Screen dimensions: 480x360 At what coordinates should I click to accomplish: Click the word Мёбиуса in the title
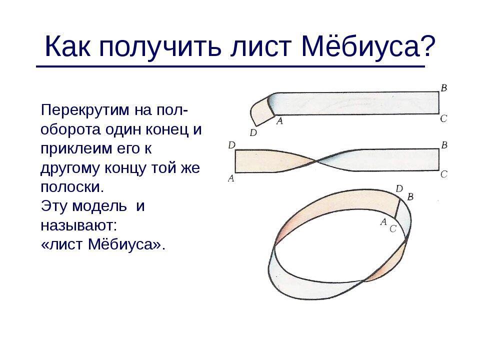point(360,46)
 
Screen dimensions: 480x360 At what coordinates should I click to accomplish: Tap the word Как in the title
point(67,46)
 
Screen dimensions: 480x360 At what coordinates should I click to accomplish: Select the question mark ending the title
point(427,46)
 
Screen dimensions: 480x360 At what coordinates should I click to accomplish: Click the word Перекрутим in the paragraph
point(85,110)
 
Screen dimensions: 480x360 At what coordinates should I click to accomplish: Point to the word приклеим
point(76,149)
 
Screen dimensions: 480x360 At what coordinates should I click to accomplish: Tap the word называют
point(77,226)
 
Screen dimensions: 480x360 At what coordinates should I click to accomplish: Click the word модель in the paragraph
point(100,206)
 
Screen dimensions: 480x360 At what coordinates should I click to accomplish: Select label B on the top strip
point(444,88)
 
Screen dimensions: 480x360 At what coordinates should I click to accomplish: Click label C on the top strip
point(444,118)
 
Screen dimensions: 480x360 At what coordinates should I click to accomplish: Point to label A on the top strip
point(279,121)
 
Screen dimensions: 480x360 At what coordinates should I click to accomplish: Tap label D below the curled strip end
point(253,133)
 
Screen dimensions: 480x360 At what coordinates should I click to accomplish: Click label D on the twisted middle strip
point(231,145)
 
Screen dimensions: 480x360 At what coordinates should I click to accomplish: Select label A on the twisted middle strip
point(231,178)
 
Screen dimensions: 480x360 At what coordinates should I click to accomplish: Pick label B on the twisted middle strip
point(444,145)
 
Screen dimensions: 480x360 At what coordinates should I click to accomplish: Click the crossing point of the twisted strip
point(316,160)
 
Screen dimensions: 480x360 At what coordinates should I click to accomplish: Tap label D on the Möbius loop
point(399,188)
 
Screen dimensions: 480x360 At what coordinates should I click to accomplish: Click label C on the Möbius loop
point(393,228)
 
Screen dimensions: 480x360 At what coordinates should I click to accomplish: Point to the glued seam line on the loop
point(397,209)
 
